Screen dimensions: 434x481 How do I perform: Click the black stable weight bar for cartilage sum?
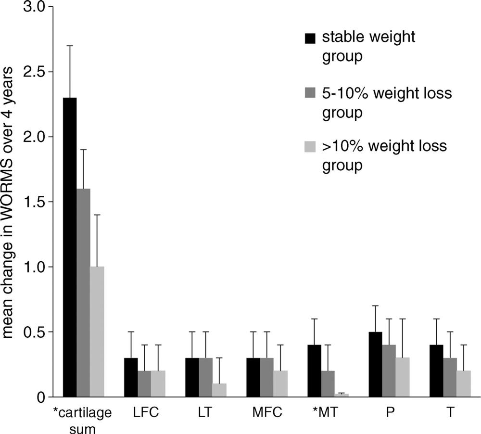(69, 247)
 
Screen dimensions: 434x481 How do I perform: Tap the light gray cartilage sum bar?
(97, 332)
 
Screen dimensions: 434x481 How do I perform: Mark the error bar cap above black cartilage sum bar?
(69, 46)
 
